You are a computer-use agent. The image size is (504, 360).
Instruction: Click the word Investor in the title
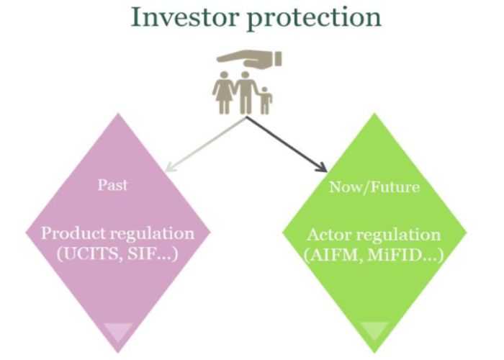pos(179,17)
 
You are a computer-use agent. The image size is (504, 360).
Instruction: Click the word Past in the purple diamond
pos(112,184)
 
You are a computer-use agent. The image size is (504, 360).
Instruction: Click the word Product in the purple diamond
pos(68,234)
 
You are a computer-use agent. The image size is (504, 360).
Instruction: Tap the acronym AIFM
pos(336,255)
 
